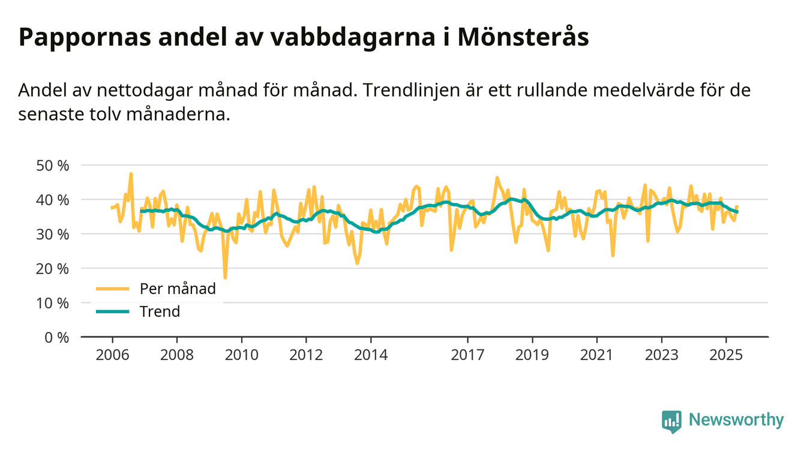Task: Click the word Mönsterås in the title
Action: tap(523, 38)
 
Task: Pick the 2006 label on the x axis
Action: tap(112, 355)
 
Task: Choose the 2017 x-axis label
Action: tap(467, 355)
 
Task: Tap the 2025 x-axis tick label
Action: tap(726, 355)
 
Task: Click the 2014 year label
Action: tap(371, 355)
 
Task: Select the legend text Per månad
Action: tap(178, 289)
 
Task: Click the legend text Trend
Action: tap(160, 312)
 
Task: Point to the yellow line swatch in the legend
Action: tap(112, 289)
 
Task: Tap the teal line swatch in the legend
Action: tap(112, 312)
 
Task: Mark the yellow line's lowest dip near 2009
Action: tap(225, 277)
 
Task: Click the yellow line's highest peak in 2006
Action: tap(131, 174)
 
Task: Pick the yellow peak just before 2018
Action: tap(497, 178)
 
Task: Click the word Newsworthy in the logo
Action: tap(736, 420)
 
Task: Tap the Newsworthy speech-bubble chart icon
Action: tap(671, 421)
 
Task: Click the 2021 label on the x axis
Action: tap(596, 355)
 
